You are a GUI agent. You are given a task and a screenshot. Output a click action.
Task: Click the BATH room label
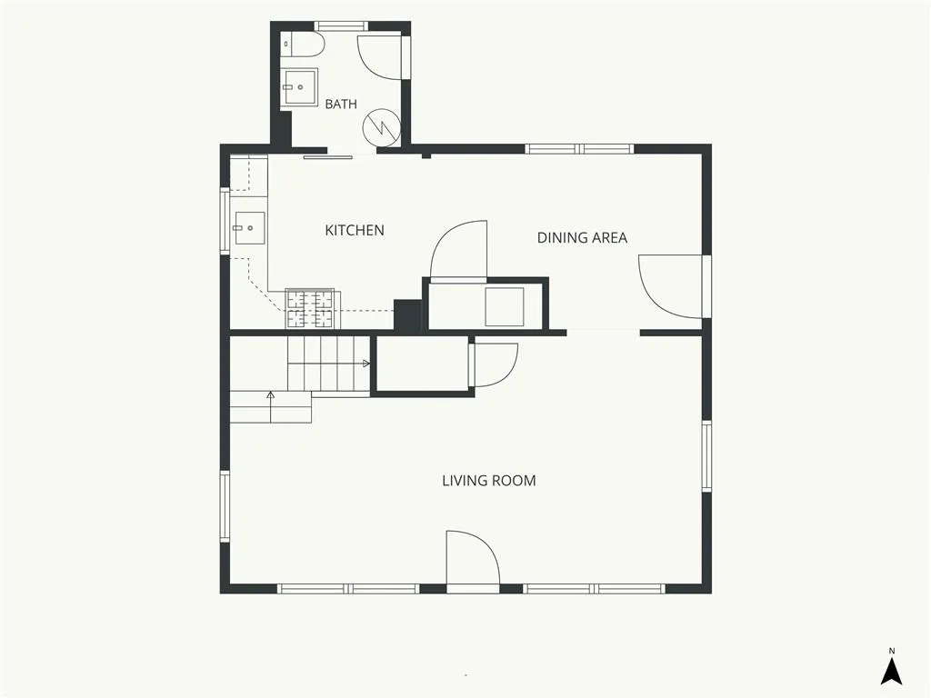coord(341,104)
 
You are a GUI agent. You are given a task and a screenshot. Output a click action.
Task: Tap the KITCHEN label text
coord(355,230)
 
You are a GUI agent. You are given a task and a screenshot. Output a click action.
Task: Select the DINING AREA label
coord(582,237)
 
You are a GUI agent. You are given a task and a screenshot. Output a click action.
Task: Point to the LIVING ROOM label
coord(488,480)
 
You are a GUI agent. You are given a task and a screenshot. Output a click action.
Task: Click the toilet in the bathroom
coord(303,45)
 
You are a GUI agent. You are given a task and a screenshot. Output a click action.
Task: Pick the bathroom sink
coord(298,86)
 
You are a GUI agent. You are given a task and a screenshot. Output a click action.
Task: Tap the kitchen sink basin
coord(249,228)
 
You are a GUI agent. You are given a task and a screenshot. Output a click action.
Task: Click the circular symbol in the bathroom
coord(382,127)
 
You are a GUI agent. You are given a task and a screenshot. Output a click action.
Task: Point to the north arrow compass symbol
coord(891,672)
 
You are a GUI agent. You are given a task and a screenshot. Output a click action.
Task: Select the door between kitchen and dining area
coord(458,249)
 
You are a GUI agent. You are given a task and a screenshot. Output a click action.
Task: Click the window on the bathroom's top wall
coord(341,26)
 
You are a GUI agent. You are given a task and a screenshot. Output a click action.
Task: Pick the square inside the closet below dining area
coord(505,307)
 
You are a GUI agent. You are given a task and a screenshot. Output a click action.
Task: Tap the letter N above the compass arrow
coord(892,651)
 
